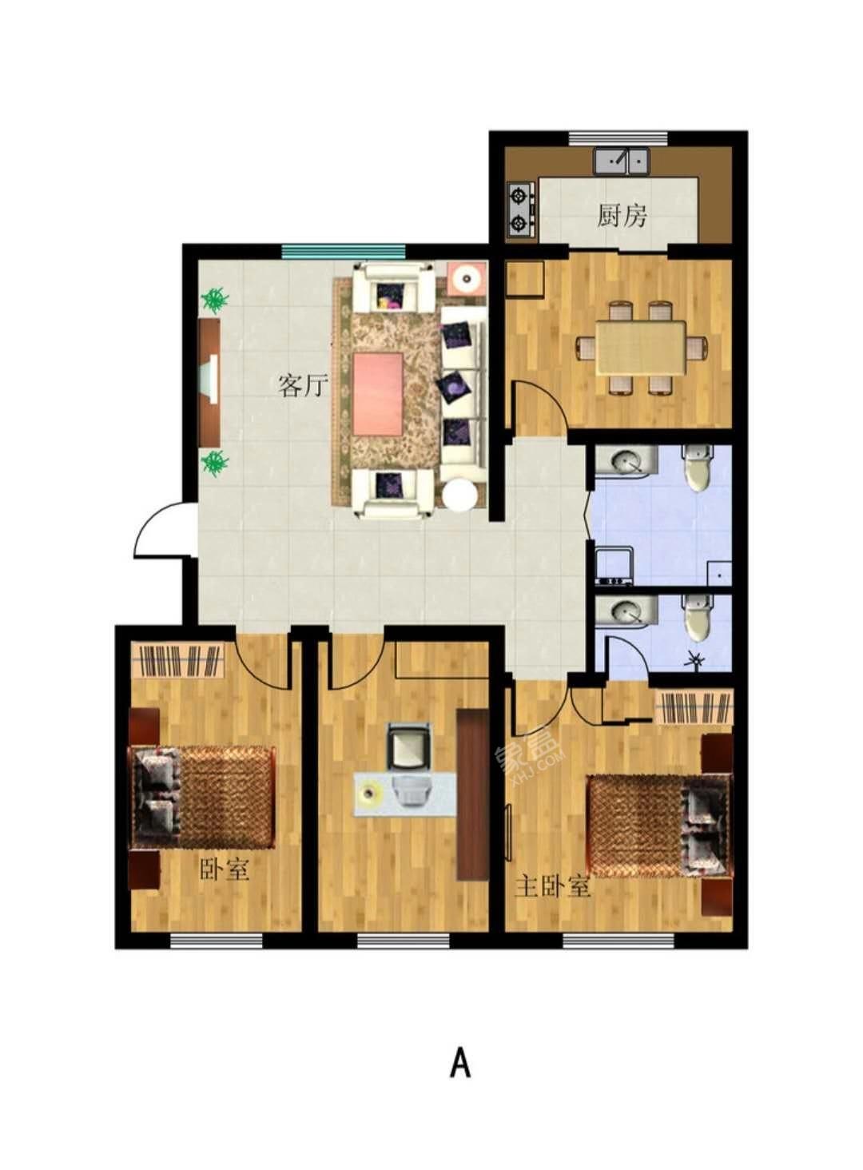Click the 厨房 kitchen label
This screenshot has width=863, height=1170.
[x=622, y=215]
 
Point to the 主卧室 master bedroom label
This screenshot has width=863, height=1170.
[x=552, y=885]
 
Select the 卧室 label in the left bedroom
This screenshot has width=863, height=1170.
[x=225, y=869]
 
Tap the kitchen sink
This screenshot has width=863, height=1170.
[x=621, y=161]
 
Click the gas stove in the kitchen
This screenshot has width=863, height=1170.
[x=520, y=209]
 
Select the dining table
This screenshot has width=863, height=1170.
[x=641, y=348]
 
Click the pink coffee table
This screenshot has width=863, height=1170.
[x=378, y=394]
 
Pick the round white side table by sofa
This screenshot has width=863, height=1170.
[x=462, y=495]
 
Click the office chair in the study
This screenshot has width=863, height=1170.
[x=409, y=745]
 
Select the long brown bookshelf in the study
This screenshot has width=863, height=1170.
[x=472, y=794]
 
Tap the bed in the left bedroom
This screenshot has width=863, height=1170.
[x=204, y=797]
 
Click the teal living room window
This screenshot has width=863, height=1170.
[x=343, y=251]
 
